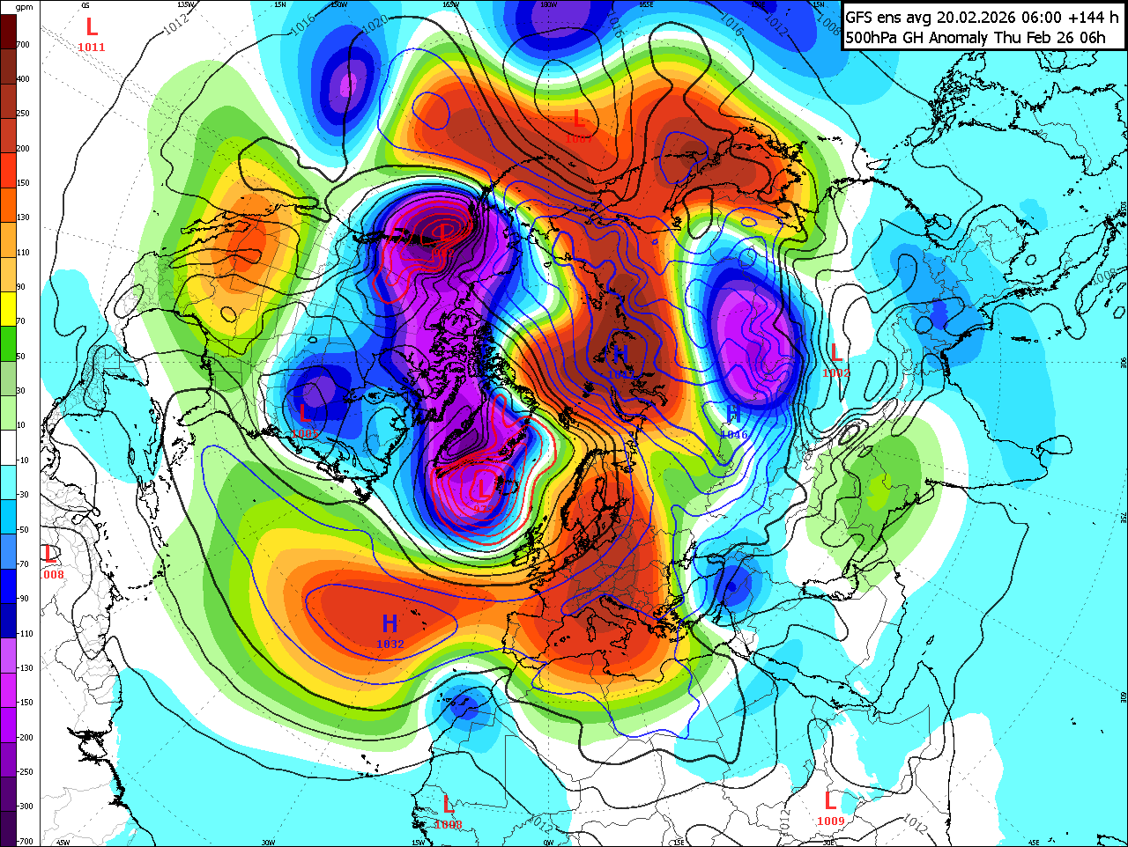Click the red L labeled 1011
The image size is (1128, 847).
[91, 28]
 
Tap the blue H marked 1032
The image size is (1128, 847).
[390, 624]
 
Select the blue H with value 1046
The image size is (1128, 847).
[732, 416]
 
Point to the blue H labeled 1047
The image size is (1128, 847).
[620, 355]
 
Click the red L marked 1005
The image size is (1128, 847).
[306, 414]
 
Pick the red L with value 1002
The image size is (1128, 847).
[835, 354]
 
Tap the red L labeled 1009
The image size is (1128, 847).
[830, 801]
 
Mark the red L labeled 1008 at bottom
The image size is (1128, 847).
[448, 805]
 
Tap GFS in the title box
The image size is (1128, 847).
[860, 18]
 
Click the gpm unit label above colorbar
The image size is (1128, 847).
[25, 7]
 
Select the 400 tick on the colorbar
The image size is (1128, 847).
[23, 79]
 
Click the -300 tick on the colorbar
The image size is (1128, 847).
[25, 806]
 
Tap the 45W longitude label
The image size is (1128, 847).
[63, 843]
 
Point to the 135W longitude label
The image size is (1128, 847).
[185, 4]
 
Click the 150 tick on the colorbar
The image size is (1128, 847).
[23, 183]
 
